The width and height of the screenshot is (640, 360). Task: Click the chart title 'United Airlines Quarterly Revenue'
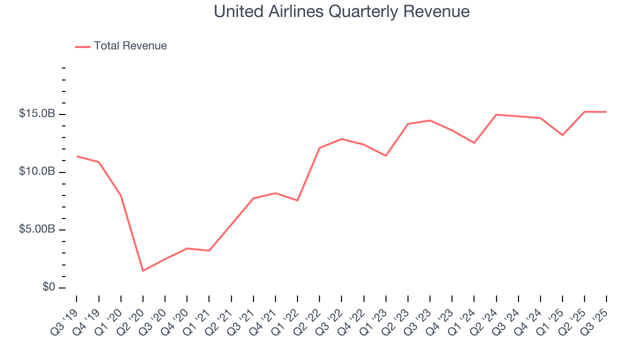tap(341, 11)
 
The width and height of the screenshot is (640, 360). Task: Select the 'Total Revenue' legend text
tap(130, 46)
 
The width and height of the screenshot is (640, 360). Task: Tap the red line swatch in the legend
tap(82, 46)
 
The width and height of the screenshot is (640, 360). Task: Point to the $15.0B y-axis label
tap(36, 114)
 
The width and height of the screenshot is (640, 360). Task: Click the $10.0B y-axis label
tap(36, 171)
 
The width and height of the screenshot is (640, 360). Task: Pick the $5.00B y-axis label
tap(36, 229)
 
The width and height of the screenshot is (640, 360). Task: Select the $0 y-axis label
tap(48, 287)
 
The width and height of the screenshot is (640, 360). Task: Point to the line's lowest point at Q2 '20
tap(143, 271)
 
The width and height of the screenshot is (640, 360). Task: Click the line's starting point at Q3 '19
tap(77, 156)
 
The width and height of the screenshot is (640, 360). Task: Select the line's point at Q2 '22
tap(319, 148)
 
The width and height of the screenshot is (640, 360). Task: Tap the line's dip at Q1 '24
tap(474, 143)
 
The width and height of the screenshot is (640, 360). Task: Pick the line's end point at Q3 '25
tap(606, 112)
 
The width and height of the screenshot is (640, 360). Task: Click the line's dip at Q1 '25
tap(562, 135)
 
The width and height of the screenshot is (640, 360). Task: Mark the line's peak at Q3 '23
tap(430, 120)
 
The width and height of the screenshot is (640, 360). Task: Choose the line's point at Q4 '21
tap(275, 193)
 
